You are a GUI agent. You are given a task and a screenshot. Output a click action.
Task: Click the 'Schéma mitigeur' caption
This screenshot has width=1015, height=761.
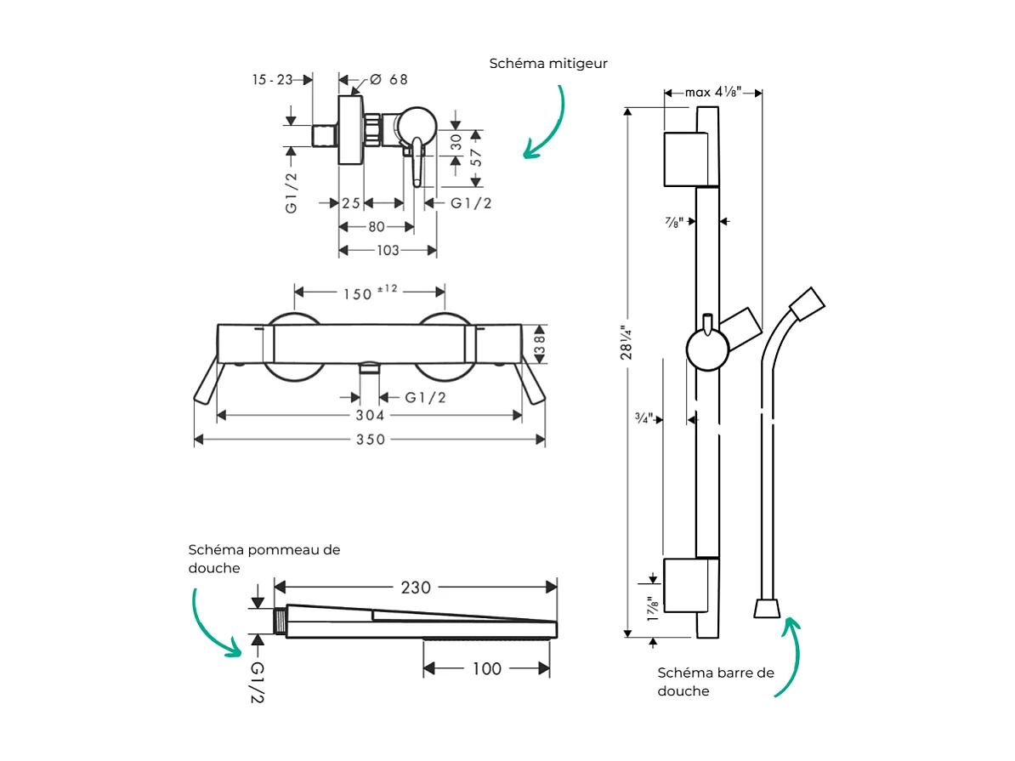[x=548, y=64]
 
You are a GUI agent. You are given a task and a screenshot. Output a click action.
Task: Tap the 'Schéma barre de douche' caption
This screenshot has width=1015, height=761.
[x=716, y=682]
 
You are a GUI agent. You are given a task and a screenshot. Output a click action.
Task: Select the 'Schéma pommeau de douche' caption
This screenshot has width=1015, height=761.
[x=264, y=559]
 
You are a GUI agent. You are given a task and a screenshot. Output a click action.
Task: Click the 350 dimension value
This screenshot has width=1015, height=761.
[x=370, y=440]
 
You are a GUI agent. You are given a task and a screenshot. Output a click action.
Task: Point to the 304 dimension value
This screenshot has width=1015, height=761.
[x=370, y=416]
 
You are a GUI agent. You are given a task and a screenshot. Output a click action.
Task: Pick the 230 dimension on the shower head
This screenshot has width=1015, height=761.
[x=416, y=588]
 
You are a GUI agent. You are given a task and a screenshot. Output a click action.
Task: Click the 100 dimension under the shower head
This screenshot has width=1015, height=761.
[x=486, y=669]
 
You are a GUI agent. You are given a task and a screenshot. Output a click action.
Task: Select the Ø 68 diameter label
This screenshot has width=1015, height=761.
[x=389, y=80]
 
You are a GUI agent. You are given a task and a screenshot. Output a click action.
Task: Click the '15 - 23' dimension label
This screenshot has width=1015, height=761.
[x=272, y=80]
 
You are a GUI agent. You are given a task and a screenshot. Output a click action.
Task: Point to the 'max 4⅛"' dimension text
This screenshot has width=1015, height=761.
[x=713, y=92]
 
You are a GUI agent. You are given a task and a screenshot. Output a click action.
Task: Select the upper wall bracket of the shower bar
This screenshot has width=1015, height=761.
[x=684, y=159]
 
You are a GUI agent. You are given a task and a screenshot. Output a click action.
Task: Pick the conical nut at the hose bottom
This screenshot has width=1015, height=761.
[x=767, y=608]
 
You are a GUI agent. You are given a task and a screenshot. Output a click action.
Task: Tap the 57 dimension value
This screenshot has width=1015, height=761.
[x=477, y=157]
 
